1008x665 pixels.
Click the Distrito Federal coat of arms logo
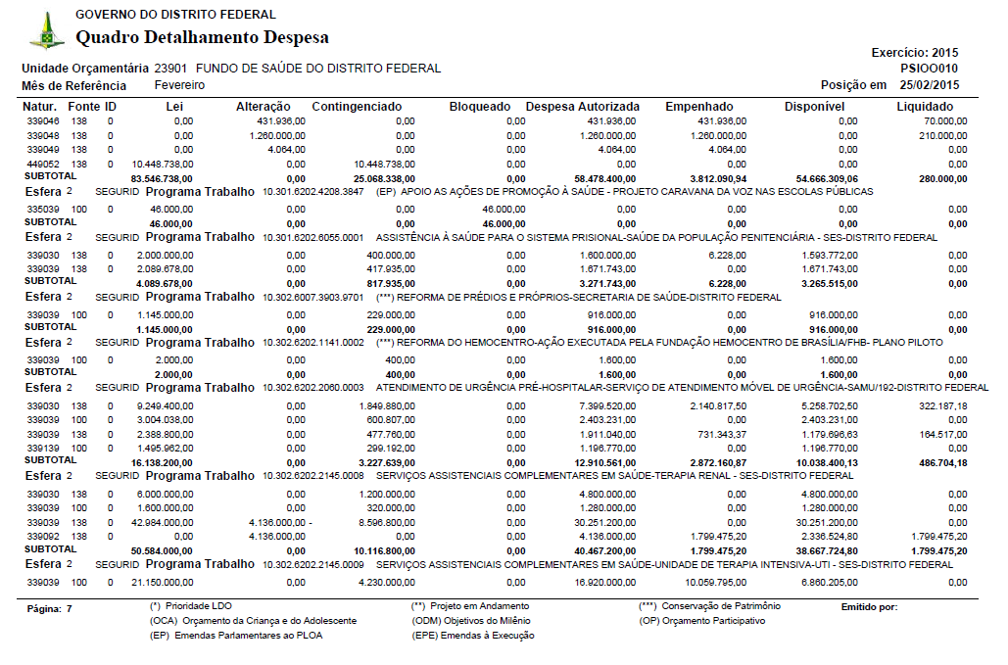click(x=46, y=32)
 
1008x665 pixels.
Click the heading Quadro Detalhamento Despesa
click(x=202, y=38)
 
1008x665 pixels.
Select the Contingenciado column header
click(x=357, y=106)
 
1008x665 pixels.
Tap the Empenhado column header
click(x=698, y=106)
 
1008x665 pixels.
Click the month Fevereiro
click(x=180, y=85)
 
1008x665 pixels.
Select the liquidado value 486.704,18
click(x=936, y=462)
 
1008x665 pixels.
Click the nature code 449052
click(x=43, y=164)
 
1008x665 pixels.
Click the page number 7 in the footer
click(x=69, y=608)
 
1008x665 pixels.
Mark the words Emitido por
click(x=869, y=607)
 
